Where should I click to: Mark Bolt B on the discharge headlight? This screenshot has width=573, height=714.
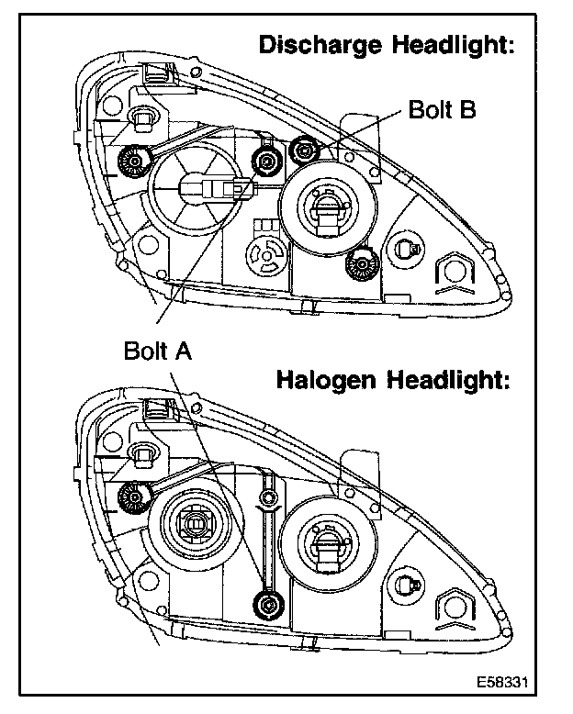(301, 151)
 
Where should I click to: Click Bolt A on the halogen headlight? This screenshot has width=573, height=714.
(268, 603)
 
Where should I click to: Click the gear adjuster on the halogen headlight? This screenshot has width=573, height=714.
(134, 496)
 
